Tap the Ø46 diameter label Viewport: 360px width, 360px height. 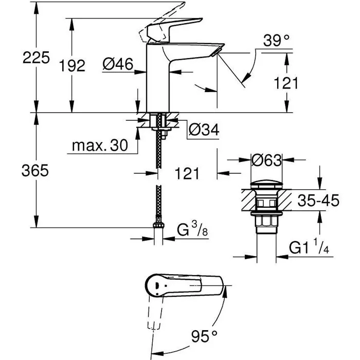[118, 64]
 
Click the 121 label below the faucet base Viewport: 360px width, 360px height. [184, 174]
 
